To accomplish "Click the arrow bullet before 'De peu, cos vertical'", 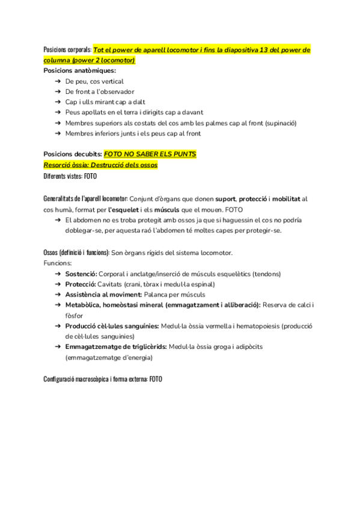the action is (56, 81).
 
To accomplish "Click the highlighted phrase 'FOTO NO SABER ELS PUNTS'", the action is (150, 154).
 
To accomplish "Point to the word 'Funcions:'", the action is (58, 263).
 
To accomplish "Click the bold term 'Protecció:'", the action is (81, 284).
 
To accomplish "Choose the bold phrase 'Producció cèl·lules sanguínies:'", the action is (112, 326).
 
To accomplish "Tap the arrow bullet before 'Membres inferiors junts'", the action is (56, 133).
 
